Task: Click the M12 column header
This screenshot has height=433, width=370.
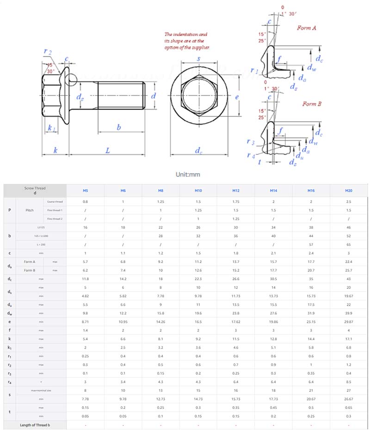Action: pyautogui.click(x=236, y=191)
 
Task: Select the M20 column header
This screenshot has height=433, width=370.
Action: pyautogui.click(x=349, y=191)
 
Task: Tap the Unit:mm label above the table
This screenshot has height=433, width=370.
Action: pyautogui.click(x=188, y=175)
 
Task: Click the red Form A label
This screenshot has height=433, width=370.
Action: pyautogui.click(x=307, y=28)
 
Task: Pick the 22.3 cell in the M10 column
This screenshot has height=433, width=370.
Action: pyautogui.click(x=198, y=279)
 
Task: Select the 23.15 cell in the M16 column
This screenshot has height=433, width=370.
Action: pyautogui.click(x=311, y=321)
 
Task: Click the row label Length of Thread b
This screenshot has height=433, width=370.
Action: pyautogui.click(x=35, y=425)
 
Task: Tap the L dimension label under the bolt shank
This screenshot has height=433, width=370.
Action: pyautogui.click(x=107, y=151)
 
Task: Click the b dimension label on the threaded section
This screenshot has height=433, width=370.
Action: pyautogui.click(x=119, y=127)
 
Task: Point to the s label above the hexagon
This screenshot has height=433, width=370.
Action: pyautogui.click(x=198, y=59)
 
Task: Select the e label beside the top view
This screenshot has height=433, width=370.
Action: pyautogui.click(x=236, y=97)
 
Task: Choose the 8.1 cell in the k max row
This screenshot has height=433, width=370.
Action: pyautogui.click(x=160, y=339)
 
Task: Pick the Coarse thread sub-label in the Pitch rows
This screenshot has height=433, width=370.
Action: pyautogui.click(x=55, y=201)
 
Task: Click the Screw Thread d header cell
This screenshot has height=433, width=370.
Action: pyautogui.click(x=35, y=191)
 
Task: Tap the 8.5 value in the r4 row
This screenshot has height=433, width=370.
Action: pyautogui.click(x=349, y=382)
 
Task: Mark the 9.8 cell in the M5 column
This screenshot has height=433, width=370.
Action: pyautogui.click(x=85, y=313)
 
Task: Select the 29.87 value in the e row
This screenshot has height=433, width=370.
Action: pyautogui.click(x=349, y=321)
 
